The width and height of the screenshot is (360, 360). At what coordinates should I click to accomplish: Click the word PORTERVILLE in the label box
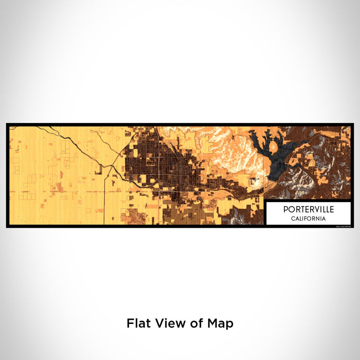point(308,209)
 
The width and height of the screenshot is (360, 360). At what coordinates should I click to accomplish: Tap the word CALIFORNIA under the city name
point(308,219)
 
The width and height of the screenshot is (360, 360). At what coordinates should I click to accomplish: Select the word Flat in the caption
point(137,323)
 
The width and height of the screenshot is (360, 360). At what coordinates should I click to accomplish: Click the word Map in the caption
point(220,323)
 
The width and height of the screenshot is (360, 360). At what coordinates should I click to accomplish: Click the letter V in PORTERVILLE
point(313,209)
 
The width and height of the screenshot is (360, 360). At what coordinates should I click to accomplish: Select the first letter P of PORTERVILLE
point(284,209)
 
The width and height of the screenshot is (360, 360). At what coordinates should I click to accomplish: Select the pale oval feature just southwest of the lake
point(254,180)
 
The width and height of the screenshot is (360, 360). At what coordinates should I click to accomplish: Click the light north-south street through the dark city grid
point(159,165)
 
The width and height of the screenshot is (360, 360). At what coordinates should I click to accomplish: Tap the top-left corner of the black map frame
point(8,124)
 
